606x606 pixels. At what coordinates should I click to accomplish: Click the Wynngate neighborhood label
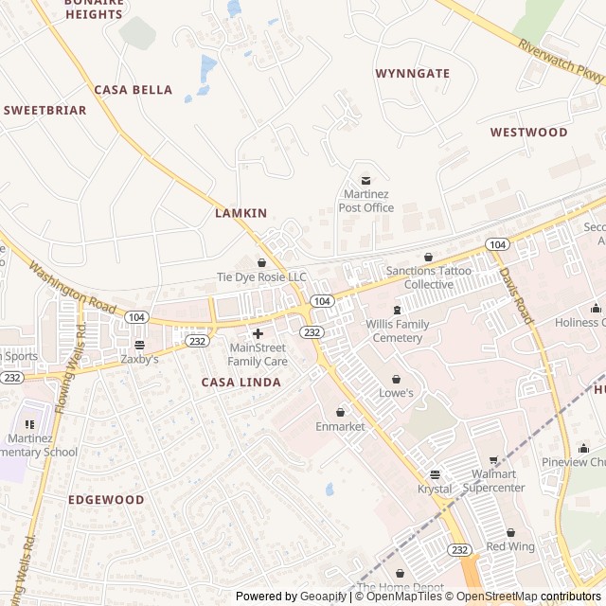pyautogui.click(x=412, y=73)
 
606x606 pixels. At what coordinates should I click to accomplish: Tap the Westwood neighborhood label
pyautogui.click(x=528, y=133)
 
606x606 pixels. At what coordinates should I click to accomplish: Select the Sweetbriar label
pyautogui.click(x=45, y=110)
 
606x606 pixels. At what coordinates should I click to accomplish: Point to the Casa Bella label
pyautogui.click(x=133, y=90)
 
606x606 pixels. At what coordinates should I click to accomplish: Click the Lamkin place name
pyautogui.click(x=241, y=213)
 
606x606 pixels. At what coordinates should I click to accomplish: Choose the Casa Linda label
pyautogui.click(x=241, y=382)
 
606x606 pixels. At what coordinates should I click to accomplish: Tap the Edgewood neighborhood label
pyautogui.click(x=106, y=499)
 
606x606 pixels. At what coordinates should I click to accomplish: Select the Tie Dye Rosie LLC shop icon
pyautogui.click(x=262, y=261)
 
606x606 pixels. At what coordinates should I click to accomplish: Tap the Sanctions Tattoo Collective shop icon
pyautogui.click(x=428, y=257)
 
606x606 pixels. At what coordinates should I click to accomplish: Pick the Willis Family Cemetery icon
pyautogui.click(x=397, y=310)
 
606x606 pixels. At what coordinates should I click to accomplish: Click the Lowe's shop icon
pyautogui.click(x=397, y=378)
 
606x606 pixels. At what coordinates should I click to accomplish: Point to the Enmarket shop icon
pyautogui.click(x=340, y=412)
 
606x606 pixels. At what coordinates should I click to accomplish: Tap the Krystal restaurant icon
pyautogui.click(x=435, y=474)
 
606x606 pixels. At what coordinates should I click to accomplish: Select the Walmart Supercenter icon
pyautogui.click(x=492, y=459)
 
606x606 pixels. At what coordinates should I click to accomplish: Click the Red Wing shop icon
pyautogui.click(x=510, y=532)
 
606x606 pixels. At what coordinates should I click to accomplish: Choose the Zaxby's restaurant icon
pyautogui.click(x=140, y=345)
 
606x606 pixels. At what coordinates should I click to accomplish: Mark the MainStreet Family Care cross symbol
pyautogui.click(x=258, y=333)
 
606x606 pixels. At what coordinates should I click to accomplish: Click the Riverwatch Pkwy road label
pyautogui.click(x=560, y=60)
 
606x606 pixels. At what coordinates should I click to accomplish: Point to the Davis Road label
pyautogui.click(x=517, y=295)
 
